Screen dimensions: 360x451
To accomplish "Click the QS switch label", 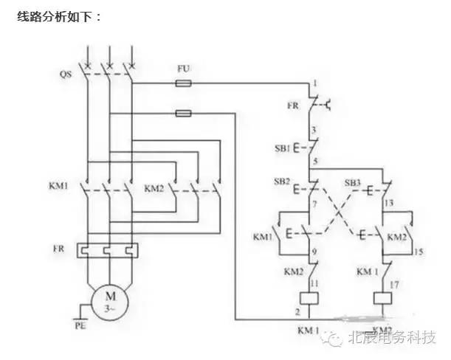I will click(66, 75).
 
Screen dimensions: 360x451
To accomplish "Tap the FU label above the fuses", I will click(184, 69).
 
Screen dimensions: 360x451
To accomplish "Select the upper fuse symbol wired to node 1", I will click(185, 83).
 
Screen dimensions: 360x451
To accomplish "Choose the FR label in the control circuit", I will click(293, 106).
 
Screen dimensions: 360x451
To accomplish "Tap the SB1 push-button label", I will click(295, 149).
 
